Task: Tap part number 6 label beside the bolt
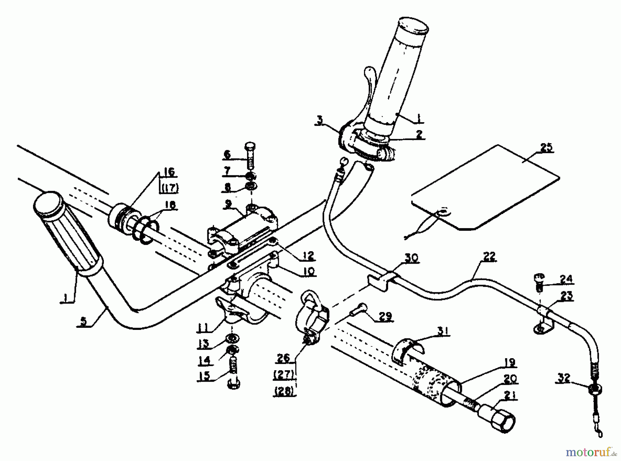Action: [227, 155]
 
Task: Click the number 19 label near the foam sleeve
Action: [509, 363]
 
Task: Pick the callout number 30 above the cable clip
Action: [411, 258]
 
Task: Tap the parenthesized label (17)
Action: [169, 188]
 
